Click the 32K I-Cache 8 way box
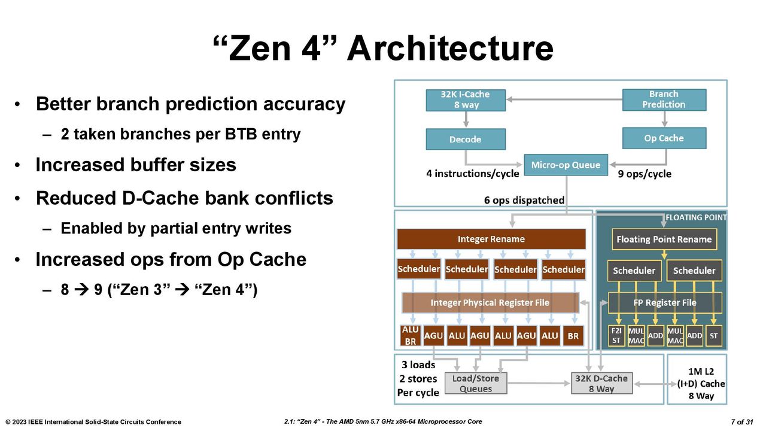click(x=466, y=100)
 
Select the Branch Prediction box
click(x=664, y=99)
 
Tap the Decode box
click(x=466, y=139)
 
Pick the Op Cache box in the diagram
click(x=664, y=138)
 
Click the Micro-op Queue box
click(x=566, y=165)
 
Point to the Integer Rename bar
click(x=491, y=239)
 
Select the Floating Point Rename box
click(x=664, y=239)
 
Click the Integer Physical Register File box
click(x=490, y=303)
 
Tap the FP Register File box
click(x=665, y=303)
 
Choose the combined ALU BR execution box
click(x=411, y=336)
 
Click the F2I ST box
click(x=616, y=336)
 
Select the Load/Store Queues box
click(x=476, y=384)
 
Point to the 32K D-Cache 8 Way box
click(x=601, y=384)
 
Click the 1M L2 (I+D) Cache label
click(x=701, y=384)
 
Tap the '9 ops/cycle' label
click(x=645, y=174)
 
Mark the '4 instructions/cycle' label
click(x=473, y=174)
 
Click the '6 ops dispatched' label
click(x=524, y=200)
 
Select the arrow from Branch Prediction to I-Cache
click(x=564, y=99)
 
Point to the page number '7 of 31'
click(x=742, y=422)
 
